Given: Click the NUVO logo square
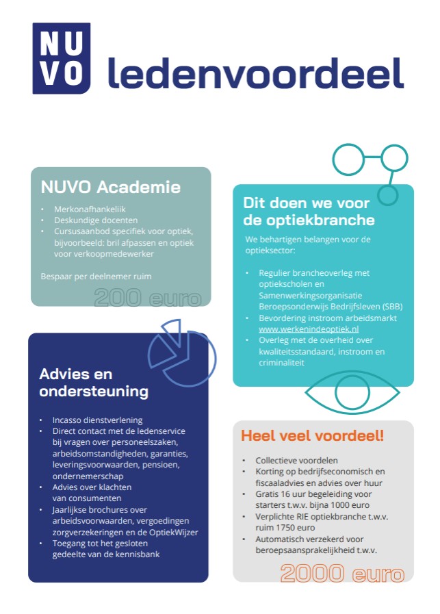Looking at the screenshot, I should tap(61, 58).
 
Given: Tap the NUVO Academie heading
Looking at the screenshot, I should tap(110, 187).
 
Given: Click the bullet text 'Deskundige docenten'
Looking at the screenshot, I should tap(96, 220).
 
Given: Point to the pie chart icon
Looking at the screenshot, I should tap(181, 352).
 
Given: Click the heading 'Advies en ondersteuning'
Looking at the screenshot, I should tap(94, 383).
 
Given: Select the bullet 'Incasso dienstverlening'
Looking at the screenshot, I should tap(97, 420).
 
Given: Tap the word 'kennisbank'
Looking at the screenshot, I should tap(139, 554).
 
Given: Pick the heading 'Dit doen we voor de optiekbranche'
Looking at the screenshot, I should tap(309, 212).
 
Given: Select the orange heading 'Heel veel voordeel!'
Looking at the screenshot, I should tap(312, 435).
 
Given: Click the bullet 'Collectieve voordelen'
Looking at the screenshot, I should tap(296, 461).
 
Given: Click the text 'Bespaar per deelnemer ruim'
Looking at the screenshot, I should tap(96, 276).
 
